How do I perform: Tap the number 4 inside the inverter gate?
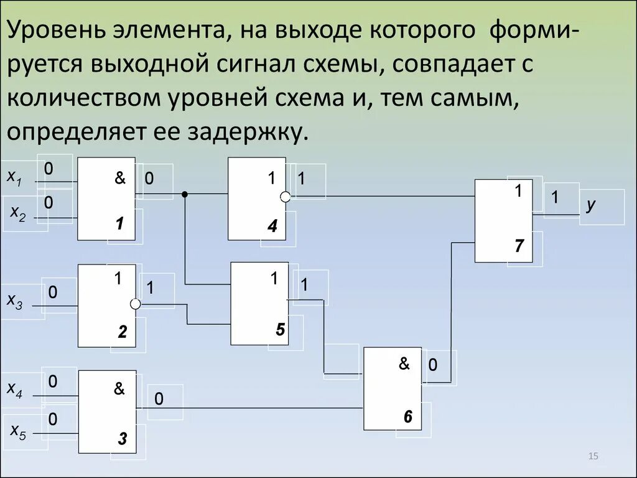pos(272,227)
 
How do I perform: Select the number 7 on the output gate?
pos(520,246)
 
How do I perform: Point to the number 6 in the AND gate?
pos(407,417)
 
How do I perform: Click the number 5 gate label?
pos(280,330)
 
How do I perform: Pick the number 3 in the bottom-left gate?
pos(123,440)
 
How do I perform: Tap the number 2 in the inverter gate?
pos(123,334)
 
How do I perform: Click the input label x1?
pos(14,177)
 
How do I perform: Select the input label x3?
pos(14,301)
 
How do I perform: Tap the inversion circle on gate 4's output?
pos(286,197)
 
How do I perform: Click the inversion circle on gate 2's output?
pos(135,304)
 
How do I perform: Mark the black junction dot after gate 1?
pos(184,195)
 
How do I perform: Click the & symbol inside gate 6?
pos(404,364)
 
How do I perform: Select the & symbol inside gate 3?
pos(119,389)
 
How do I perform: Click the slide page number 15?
pos(592,457)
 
